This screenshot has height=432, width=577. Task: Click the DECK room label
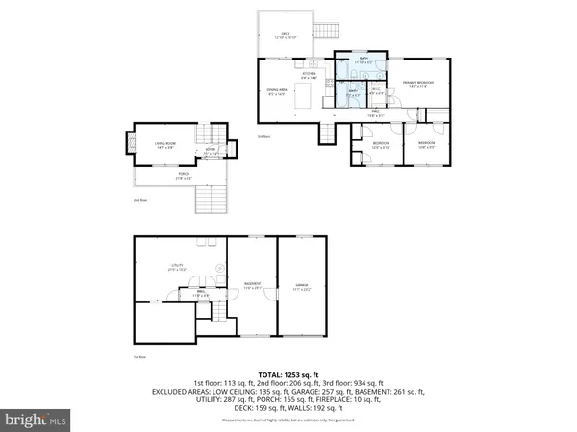point(286,34)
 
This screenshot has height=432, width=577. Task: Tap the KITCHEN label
point(310,75)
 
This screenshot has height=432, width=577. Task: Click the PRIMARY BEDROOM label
point(417,84)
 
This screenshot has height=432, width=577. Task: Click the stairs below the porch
point(210,199)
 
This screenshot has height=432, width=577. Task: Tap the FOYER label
point(208,152)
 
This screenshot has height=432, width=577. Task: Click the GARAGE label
point(303,285)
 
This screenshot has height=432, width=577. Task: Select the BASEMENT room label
point(250,285)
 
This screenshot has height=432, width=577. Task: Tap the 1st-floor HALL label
point(203,293)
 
